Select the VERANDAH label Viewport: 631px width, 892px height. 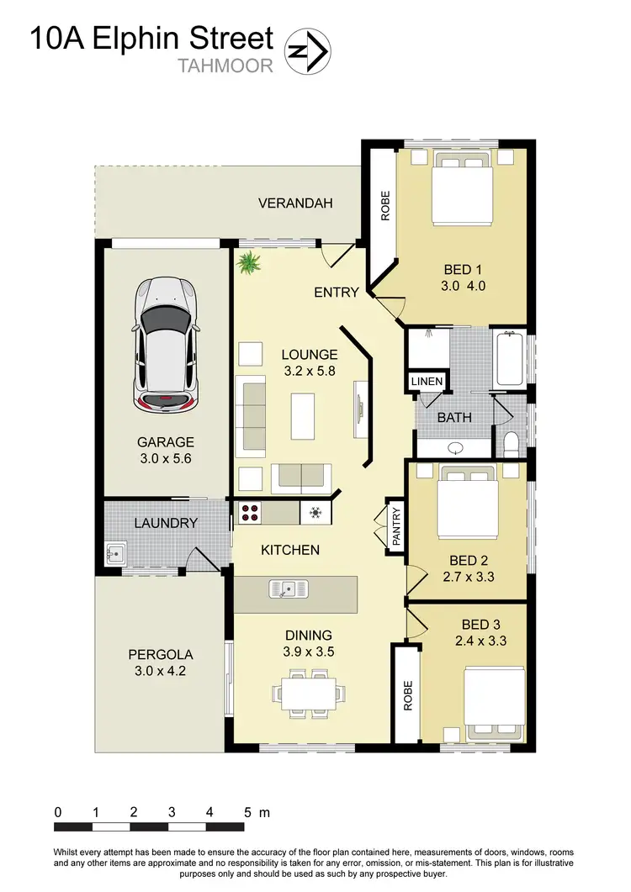(x=295, y=203)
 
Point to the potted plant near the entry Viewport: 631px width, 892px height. (x=249, y=265)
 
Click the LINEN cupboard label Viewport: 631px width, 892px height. (x=427, y=381)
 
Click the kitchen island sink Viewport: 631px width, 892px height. (x=286, y=589)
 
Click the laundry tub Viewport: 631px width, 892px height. (x=116, y=554)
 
